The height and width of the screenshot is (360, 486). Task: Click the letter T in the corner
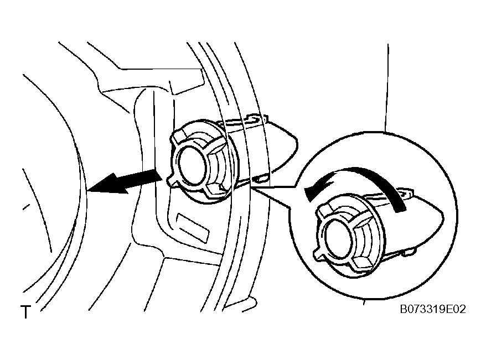(26, 312)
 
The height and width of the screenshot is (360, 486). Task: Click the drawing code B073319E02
(433, 309)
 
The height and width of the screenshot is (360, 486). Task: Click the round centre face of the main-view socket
(190, 165)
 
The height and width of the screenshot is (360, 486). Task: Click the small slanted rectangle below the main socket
(192, 227)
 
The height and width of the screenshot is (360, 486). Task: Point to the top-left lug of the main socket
(179, 138)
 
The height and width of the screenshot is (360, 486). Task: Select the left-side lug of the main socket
(172, 181)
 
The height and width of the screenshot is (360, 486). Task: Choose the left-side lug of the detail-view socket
(318, 253)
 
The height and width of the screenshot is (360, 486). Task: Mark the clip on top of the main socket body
(257, 119)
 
